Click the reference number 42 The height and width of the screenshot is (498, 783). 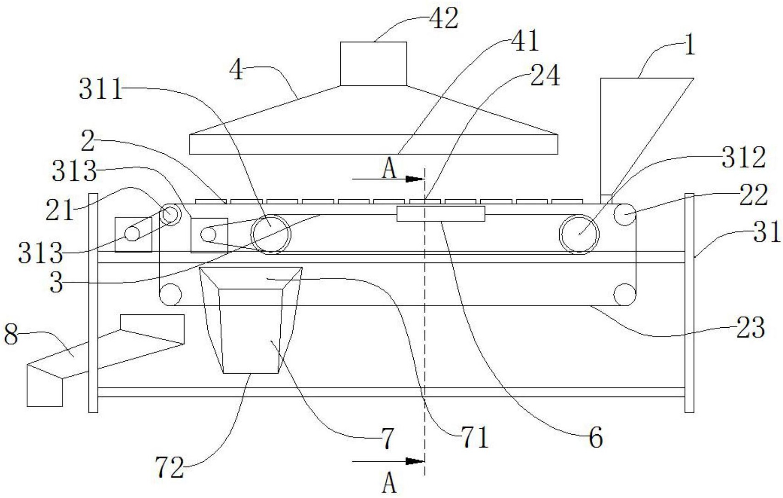pyautogui.click(x=444, y=19)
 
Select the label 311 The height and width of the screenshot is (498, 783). pyautogui.click(x=101, y=89)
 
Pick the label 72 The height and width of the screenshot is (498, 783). pyautogui.click(x=170, y=468)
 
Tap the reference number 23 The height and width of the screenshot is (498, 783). pyautogui.click(x=750, y=328)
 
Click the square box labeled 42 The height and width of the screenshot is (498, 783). pyautogui.click(x=373, y=64)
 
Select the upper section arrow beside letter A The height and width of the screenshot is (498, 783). pyautogui.click(x=389, y=179)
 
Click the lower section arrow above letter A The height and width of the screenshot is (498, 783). pyautogui.click(x=389, y=461)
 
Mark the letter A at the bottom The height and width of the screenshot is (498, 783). pyautogui.click(x=389, y=482)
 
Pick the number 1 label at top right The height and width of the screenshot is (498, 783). pyautogui.click(x=689, y=45)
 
